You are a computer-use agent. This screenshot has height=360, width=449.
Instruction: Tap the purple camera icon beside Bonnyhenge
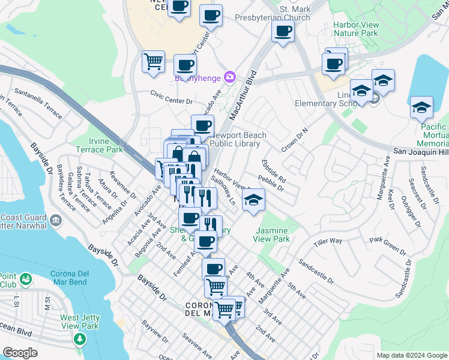point(229,77)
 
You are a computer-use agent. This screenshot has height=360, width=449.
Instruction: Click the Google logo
point(20,353)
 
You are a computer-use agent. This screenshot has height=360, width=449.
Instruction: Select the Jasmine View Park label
point(273,235)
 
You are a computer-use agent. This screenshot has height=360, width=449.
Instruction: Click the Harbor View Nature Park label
point(348,29)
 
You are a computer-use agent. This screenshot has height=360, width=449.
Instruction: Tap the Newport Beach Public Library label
point(235,139)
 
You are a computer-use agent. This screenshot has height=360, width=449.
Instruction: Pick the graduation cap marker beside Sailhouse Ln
point(254,200)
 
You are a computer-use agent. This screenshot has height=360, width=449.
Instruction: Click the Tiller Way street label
point(328,241)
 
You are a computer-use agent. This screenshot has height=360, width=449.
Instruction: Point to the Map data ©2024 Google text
point(412,355)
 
